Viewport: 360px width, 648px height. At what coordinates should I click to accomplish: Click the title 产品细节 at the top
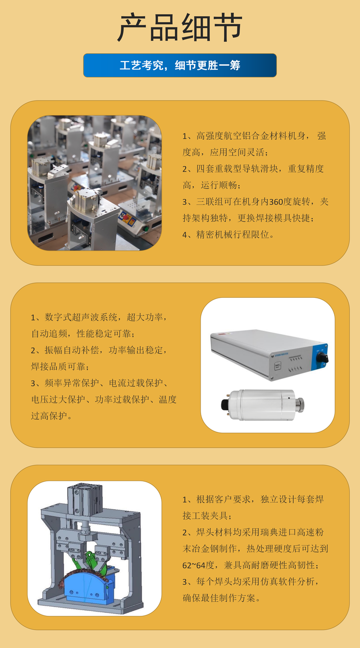point(180,27)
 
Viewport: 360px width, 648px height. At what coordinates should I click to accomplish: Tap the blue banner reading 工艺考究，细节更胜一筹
point(180,65)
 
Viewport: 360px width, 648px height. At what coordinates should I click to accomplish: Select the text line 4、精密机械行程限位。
point(228,234)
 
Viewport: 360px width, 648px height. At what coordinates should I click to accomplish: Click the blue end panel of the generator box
point(320,357)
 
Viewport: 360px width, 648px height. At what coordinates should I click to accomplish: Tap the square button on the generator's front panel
point(277,366)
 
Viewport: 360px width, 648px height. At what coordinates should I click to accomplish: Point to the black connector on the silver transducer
point(226,404)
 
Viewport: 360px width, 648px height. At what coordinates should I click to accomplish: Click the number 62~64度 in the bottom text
point(198,565)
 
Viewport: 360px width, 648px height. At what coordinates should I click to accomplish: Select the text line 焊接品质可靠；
point(60,367)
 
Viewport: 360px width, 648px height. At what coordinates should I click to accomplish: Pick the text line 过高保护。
point(51,416)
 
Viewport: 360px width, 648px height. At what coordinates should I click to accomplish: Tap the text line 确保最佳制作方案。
point(221,598)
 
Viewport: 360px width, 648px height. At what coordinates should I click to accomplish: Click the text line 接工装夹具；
point(207,515)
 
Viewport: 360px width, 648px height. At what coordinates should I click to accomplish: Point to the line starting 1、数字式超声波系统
point(99,318)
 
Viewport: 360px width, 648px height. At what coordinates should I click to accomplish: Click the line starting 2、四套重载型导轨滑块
point(253,169)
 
